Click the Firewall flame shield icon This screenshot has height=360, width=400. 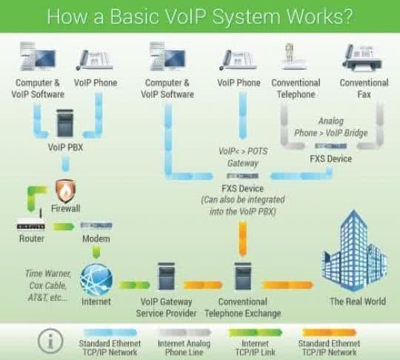[67, 191]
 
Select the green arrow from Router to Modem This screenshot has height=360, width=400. [64, 226]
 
